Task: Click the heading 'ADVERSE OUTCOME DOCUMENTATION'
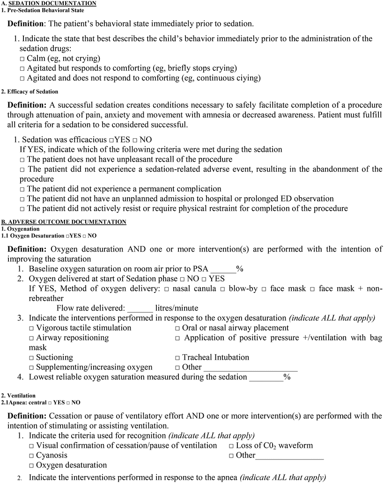point(64,222)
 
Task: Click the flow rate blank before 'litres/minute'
point(140,308)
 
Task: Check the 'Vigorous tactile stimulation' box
point(31,328)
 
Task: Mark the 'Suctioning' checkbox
point(31,358)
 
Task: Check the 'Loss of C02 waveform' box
point(231,446)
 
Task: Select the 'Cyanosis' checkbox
point(31,456)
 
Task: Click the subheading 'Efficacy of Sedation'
point(32,91)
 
